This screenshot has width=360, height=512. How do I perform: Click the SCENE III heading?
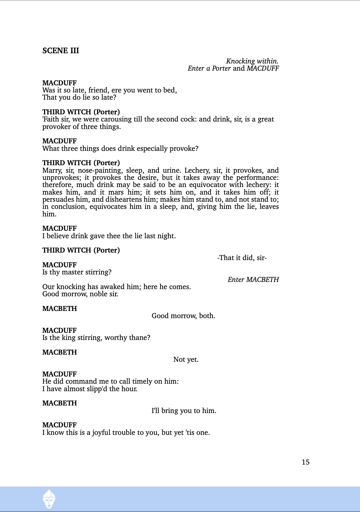pos(61,51)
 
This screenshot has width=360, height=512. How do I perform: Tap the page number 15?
pos(305,462)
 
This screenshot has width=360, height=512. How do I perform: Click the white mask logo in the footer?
pos(49,499)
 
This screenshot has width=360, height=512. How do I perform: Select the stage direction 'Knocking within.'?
pos(252,61)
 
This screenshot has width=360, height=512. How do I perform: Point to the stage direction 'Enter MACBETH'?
pos(253,280)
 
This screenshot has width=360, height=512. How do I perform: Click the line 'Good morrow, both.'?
pos(183,316)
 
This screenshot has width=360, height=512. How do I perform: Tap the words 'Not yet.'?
pos(186,359)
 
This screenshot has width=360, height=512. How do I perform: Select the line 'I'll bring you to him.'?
pos(184,411)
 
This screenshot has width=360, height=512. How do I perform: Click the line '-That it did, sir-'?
pos(242,258)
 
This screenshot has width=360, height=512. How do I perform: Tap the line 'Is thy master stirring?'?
pos(77,272)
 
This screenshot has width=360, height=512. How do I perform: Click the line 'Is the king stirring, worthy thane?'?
pos(96,338)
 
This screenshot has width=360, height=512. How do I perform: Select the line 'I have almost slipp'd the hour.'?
pos(90,389)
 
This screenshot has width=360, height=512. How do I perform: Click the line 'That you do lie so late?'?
pos(79,97)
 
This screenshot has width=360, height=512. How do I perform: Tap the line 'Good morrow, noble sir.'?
pos(80,294)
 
